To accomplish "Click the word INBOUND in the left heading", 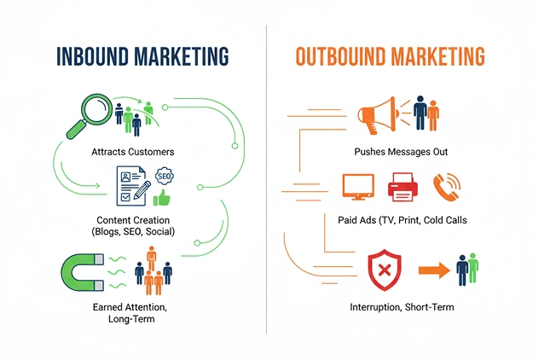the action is click(92, 56).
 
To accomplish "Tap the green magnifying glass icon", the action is click(89, 116).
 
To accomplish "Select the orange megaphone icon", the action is click(377, 114).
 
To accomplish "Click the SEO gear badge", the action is click(165, 177).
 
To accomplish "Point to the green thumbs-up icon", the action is click(161, 198).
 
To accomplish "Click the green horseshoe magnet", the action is click(83, 272).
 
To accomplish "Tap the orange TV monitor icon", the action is click(358, 187).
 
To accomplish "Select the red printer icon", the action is click(403, 187).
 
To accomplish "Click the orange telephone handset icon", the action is click(446, 187).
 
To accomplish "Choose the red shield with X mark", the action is click(385, 270).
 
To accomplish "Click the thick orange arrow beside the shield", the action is click(434, 270).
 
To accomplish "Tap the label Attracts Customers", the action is click(133, 152).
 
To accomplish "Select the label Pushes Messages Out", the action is click(401, 152).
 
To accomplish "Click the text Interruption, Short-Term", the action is click(403, 307).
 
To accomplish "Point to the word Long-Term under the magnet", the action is click(131, 319).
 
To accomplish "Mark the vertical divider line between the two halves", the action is click(266, 179).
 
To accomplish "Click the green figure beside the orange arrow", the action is click(472, 268).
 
